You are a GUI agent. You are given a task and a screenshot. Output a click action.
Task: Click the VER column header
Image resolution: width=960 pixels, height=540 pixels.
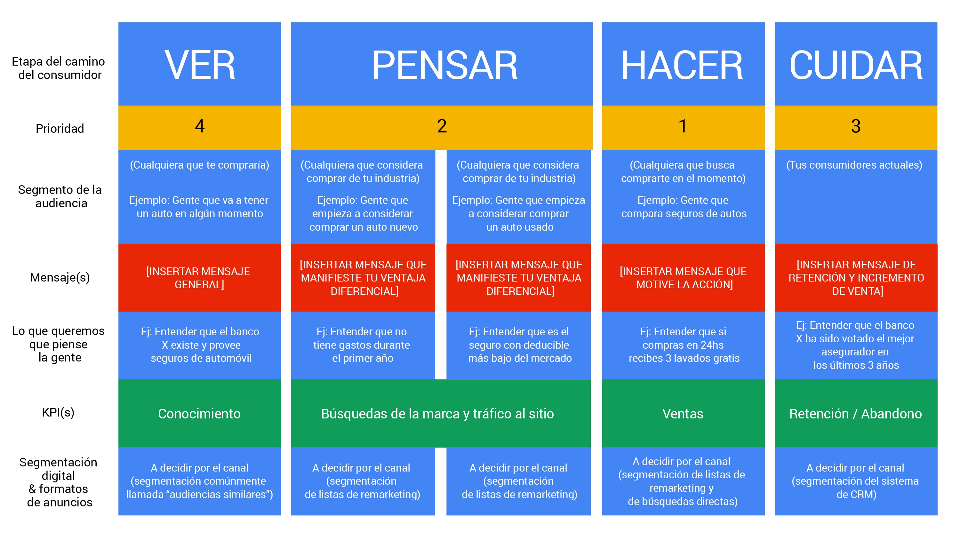[x=200, y=65]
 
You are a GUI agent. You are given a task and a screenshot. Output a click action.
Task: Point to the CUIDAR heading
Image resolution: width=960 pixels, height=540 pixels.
[x=856, y=65]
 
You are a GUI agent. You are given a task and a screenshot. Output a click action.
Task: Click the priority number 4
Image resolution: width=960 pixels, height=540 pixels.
[x=200, y=126]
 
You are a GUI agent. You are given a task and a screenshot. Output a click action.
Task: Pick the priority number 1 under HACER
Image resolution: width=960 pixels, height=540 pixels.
[x=683, y=126]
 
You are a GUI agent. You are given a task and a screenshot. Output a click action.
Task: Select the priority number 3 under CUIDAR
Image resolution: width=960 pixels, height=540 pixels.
[x=856, y=126]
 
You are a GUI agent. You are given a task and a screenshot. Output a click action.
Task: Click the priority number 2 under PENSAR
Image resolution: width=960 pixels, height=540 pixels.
[x=442, y=126]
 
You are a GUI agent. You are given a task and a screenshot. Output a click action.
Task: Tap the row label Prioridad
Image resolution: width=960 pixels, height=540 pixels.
[x=60, y=129]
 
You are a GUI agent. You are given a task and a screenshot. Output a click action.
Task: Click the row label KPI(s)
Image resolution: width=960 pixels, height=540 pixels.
[x=58, y=412]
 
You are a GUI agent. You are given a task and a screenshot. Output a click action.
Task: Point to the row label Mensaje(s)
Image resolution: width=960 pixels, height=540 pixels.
[x=60, y=277]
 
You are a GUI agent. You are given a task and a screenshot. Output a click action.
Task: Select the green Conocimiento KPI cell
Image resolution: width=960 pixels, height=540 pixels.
[x=199, y=414]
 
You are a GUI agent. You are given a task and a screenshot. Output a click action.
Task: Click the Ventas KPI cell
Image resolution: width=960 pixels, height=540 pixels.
[x=683, y=414]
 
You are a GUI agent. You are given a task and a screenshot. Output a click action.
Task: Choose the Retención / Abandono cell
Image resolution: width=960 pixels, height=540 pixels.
[x=855, y=414]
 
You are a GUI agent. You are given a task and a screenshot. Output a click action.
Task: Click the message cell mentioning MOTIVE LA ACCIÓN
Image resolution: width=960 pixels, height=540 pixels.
[x=683, y=278]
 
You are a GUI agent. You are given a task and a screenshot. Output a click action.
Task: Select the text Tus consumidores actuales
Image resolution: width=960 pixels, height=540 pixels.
[x=854, y=165]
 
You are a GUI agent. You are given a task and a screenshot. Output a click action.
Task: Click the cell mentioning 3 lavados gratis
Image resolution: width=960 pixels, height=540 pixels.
[x=684, y=345]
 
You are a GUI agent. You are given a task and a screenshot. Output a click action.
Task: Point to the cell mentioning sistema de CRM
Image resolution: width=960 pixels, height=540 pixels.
[x=856, y=481]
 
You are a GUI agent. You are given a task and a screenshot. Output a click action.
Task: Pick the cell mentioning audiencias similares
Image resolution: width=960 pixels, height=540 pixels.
[x=199, y=481]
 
